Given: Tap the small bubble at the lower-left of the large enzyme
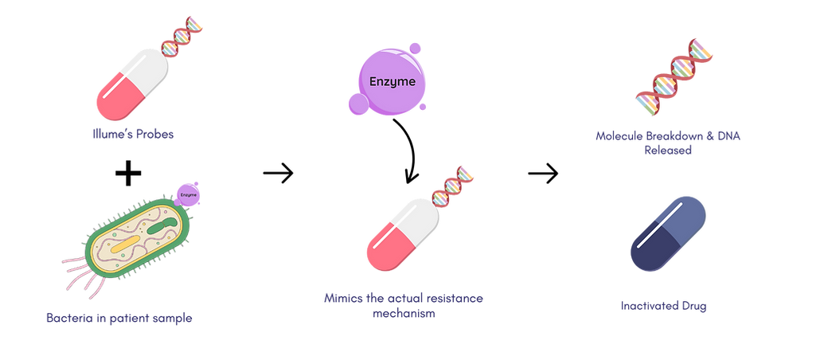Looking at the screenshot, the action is tap(356, 101).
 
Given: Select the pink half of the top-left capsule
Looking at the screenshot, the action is tap(115, 98).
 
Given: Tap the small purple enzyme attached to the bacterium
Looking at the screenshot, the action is tap(189, 193).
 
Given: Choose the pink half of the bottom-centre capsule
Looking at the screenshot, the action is tap(385, 246).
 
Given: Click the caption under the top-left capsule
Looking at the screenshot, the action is tap(133, 134).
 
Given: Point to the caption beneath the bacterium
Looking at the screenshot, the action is tap(119, 318).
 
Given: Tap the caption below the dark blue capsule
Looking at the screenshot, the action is tap(664, 305).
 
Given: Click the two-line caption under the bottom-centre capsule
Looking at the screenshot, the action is tap(403, 304).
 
